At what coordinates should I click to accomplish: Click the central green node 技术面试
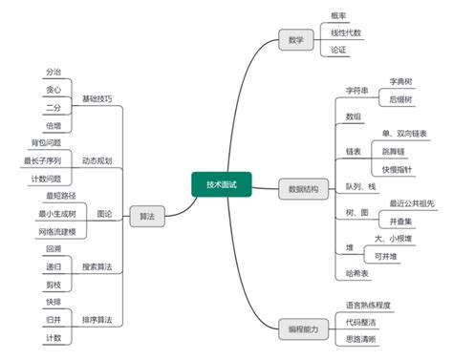pyautogui.click(x=221, y=184)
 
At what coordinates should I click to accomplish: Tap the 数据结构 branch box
pyautogui.click(x=302, y=189)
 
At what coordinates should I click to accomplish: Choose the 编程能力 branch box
pyautogui.click(x=302, y=329)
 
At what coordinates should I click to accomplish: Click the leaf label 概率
pyautogui.click(x=338, y=16)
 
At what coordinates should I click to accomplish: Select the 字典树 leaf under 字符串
pyautogui.click(x=399, y=82)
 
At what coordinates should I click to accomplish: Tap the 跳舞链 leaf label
pyautogui.click(x=395, y=151)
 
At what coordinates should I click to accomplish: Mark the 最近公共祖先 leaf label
pyautogui.click(x=411, y=203)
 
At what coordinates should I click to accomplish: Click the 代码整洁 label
pyautogui.click(x=360, y=322)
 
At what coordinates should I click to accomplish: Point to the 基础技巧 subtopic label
pyautogui.click(x=97, y=98)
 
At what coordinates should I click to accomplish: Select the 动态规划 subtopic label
pyautogui.click(x=97, y=160)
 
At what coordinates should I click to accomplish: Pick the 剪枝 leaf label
pyautogui.click(x=53, y=284)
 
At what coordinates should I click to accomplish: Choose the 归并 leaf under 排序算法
pyautogui.click(x=53, y=319)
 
